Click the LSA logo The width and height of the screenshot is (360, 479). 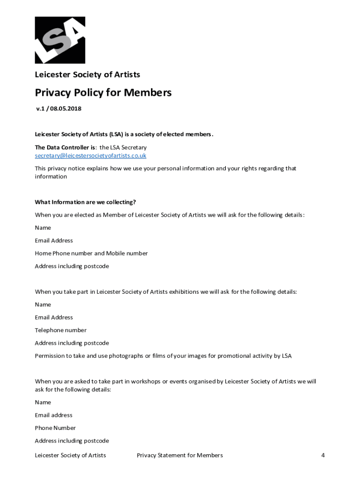tap(60, 40)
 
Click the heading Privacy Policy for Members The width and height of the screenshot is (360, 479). tap(103, 93)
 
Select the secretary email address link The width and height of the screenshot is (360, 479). tap(91, 156)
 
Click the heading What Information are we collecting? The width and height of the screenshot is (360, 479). tap(85, 202)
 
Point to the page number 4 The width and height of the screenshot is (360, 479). tap(323, 455)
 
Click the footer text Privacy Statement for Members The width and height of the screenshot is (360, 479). tap(180, 455)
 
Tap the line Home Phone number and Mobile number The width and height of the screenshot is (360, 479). tap(91, 253)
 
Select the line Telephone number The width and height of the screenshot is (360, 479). tap(60, 330)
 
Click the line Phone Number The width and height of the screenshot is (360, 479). tap(55, 428)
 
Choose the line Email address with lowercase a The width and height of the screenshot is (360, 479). tap(53, 415)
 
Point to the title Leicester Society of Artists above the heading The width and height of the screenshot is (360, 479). tap(87, 74)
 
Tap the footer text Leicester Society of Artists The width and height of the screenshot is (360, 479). tap(70, 455)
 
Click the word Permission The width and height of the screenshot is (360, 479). tap(50, 356)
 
